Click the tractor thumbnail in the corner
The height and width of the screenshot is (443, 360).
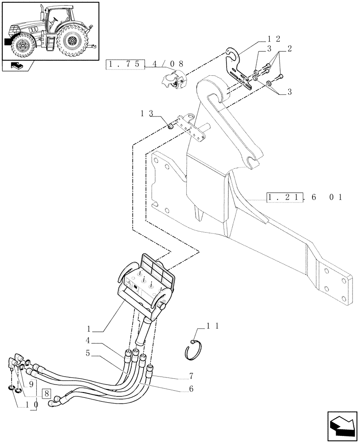click(50, 31)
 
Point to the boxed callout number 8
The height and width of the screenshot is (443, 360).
click(47, 392)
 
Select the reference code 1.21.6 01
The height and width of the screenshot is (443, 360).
click(305, 197)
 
